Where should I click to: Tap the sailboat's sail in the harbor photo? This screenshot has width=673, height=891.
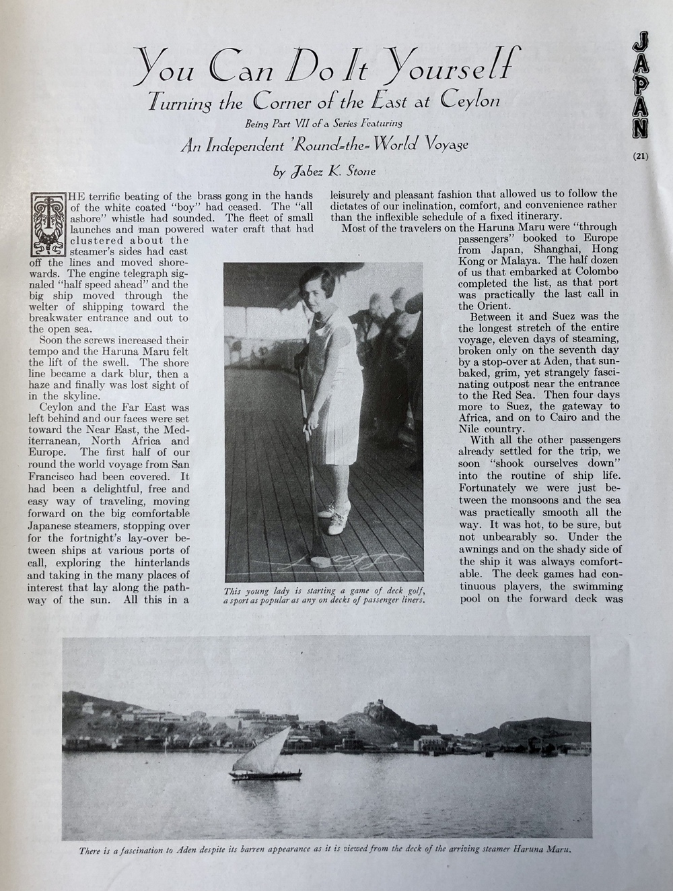click(x=272, y=750)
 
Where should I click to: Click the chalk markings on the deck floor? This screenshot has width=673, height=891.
click(x=363, y=558)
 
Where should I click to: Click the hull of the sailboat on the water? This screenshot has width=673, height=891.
click(x=266, y=776)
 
